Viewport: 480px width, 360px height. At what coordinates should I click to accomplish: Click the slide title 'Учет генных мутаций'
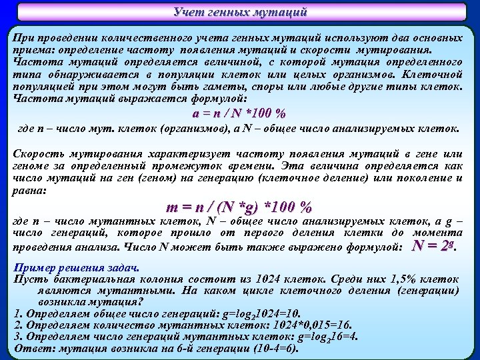click(x=240, y=11)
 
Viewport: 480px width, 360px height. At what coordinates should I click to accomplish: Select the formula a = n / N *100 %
click(x=239, y=113)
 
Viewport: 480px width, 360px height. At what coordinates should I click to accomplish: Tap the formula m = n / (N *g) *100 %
click(x=239, y=207)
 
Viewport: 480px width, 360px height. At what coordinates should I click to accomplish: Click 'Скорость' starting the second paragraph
click(x=39, y=154)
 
